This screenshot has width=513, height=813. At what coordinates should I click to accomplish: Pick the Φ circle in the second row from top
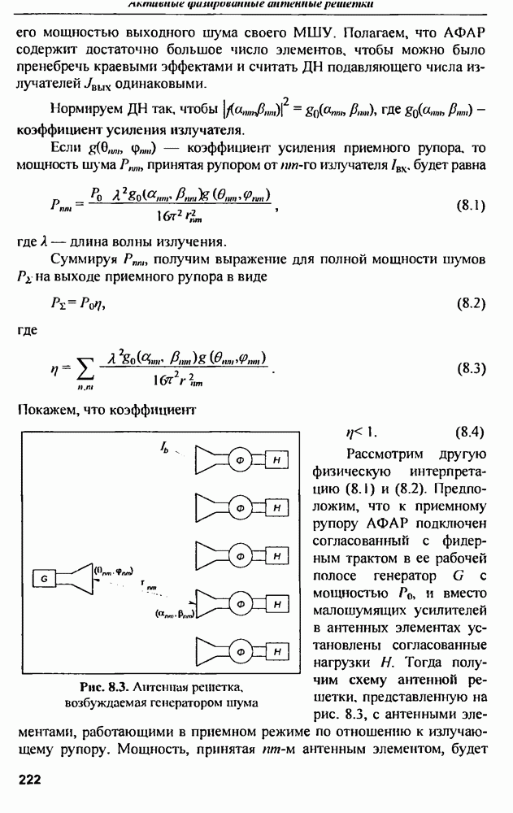point(241,508)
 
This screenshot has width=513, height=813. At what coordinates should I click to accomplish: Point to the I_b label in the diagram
point(165,446)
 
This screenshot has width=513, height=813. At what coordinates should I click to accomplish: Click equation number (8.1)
point(470,205)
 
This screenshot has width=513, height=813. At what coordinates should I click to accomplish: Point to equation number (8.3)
point(470,367)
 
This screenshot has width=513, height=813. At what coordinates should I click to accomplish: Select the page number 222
point(30,778)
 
